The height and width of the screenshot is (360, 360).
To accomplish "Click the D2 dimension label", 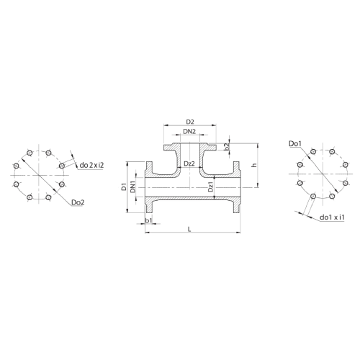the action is click(190, 122).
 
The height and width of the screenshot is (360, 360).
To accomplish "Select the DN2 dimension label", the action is click(189, 132).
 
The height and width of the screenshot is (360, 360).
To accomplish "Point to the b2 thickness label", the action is click(228, 147).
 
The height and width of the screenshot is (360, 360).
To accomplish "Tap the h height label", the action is click(254, 165).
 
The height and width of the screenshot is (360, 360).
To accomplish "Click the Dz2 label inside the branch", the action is click(189, 163).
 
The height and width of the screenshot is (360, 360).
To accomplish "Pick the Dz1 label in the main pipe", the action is click(210, 186).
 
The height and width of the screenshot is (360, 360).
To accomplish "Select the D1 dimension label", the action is click(124, 186).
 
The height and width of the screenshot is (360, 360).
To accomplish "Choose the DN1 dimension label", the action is click(133, 186).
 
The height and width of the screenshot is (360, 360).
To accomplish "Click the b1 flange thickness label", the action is click(149, 220).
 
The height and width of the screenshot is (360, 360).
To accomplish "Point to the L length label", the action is click(189, 230).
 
